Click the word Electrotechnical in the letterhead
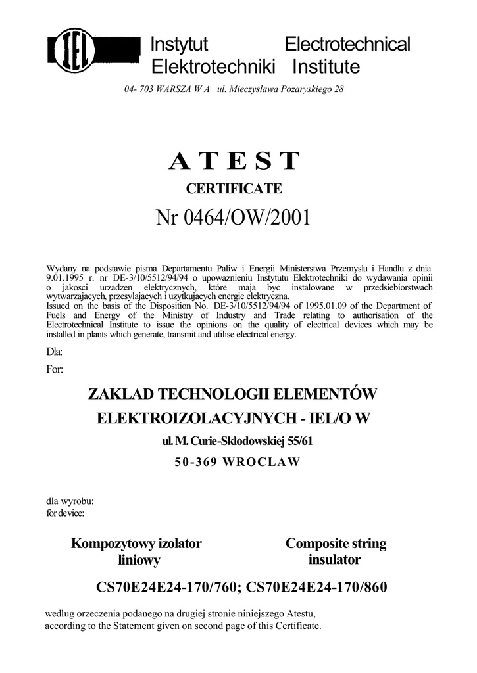347,45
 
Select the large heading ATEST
234,161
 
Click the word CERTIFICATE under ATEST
234,189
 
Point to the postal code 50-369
197,461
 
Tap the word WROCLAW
262,461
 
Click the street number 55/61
294,441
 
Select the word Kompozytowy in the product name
113,544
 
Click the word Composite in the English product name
316,544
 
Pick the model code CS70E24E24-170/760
168,586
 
